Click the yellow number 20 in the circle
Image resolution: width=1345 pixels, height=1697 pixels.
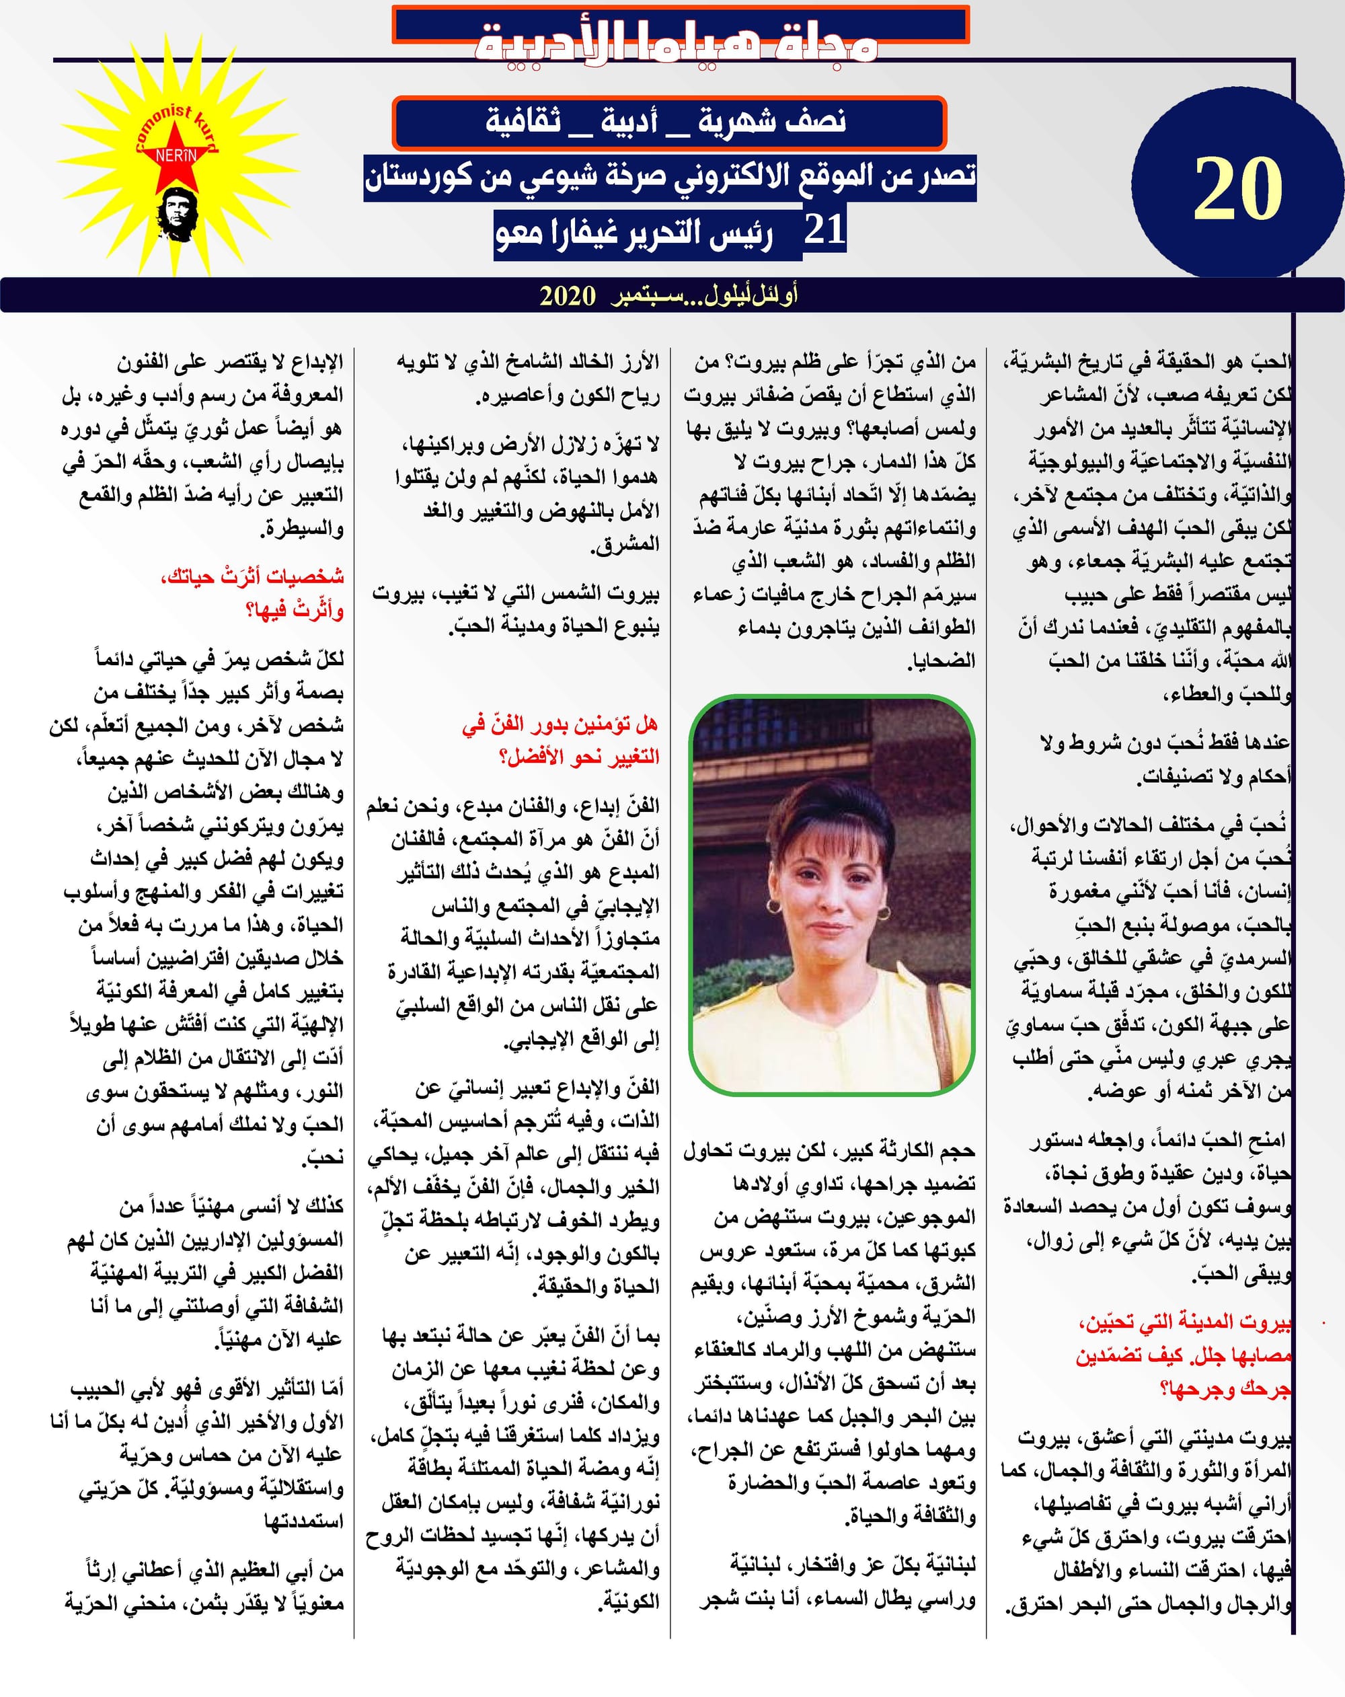tap(1238, 190)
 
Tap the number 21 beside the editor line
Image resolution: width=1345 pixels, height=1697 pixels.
tap(824, 230)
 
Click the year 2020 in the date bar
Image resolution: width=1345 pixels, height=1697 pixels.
tap(568, 296)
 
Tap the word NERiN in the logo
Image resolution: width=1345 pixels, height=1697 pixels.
tap(176, 156)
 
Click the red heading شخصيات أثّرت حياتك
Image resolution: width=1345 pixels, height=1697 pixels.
tap(252, 576)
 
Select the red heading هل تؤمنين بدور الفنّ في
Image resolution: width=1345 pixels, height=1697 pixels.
tap(560, 724)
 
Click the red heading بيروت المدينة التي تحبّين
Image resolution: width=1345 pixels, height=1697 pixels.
tap(1185, 1322)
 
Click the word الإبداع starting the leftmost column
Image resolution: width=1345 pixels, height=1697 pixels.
tap(315, 362)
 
